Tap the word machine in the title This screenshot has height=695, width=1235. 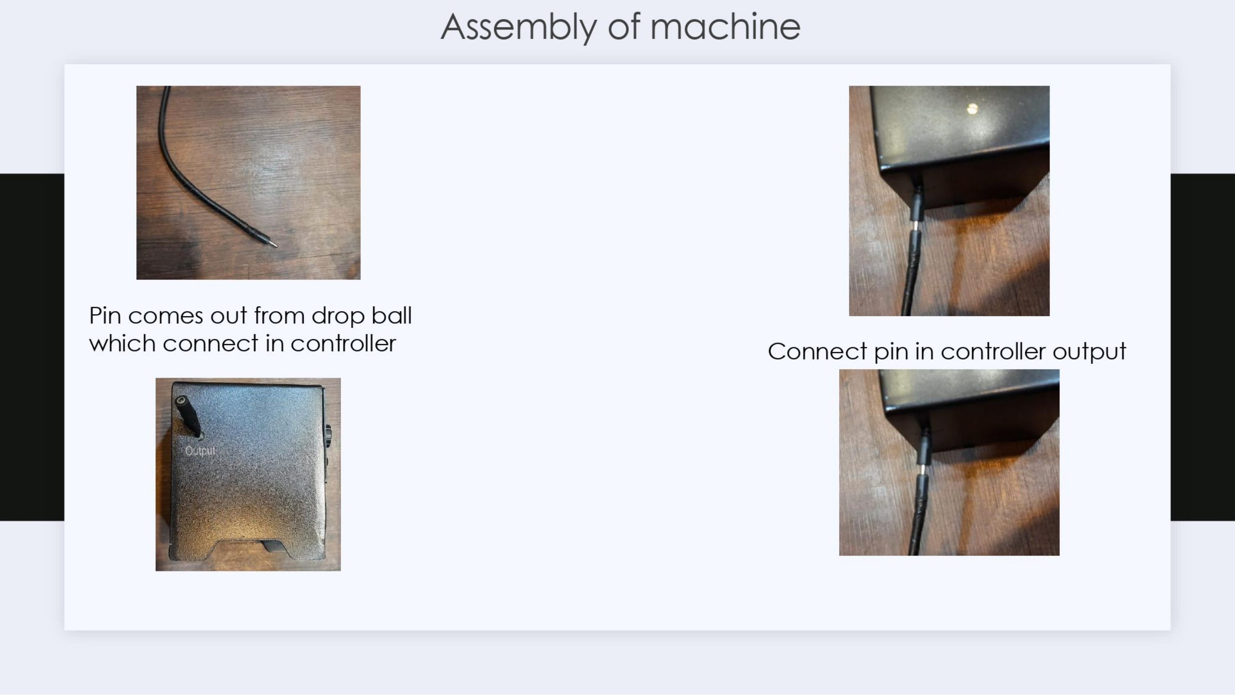tap(725, 26)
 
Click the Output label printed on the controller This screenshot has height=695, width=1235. tap(200, 451)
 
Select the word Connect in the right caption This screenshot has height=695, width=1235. tap(818, 351)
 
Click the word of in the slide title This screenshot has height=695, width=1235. tap(624, 26)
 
